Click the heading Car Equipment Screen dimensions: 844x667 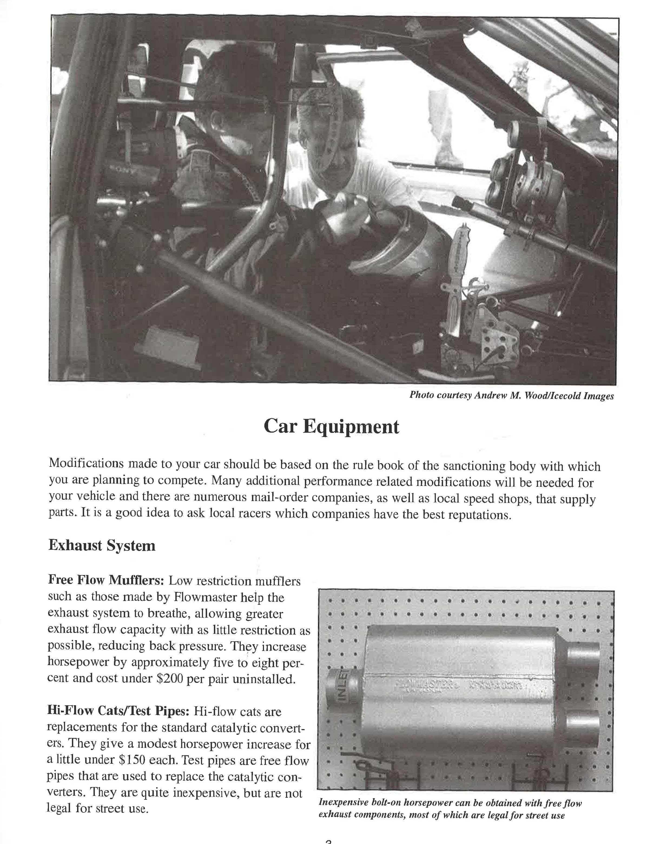[x=331, y=426]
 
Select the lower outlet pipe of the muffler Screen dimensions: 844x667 [x=582, y=728]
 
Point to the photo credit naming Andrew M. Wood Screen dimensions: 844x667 [x=511, y=395]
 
